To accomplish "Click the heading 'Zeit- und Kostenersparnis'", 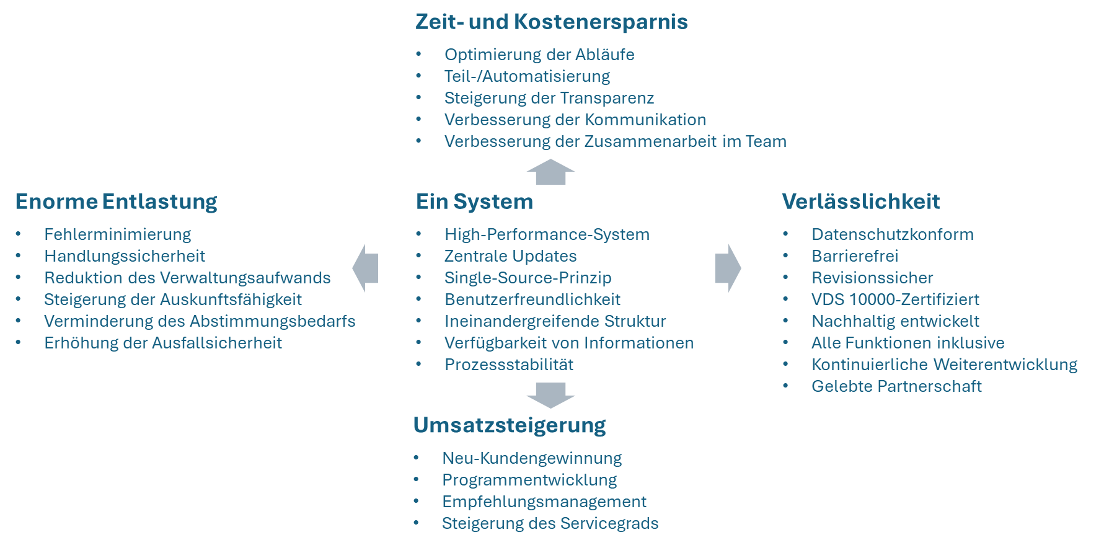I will pos(551,22).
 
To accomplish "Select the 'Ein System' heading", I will pos(474,202).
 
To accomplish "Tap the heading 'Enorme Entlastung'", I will pos(116,202).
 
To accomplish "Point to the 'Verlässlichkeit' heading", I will pos(860,202).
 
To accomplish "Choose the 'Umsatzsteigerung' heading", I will pos(509,425).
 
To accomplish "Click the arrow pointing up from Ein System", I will pos(550,172).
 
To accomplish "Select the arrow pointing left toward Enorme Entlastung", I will pos(365,268).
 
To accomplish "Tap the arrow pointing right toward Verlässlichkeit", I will pos(728,268).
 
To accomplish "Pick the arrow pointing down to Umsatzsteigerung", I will pos(550,395).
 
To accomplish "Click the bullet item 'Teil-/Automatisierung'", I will pos(527,76).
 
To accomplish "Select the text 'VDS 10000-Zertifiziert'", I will pos(895,299).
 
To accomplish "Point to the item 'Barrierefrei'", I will pos(854,256).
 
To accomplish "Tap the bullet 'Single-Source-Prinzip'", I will pos(528,278).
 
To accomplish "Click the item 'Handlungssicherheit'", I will pos(124,256).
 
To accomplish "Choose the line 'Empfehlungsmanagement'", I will pos(544,502).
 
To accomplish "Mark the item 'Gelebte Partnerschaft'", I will pos(896,386).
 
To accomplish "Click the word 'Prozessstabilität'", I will pos(508,365).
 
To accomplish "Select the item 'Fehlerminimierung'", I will pos(117,234).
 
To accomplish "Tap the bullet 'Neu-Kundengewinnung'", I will pos(532,458).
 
